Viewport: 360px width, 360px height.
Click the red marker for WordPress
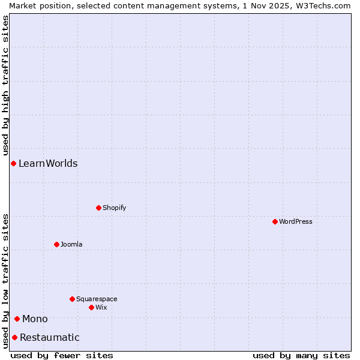(x=275, y=221)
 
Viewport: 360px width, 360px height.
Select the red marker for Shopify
(x=99, y=208)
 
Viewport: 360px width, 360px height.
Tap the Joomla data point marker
(x=57, y=244)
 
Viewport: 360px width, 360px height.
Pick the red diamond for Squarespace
(x=73, y=299)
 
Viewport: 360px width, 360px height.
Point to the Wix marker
(x=92, y=307)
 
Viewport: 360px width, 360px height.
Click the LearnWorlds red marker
(x=13, y=163)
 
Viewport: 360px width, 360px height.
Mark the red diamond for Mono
(x=17, y=319)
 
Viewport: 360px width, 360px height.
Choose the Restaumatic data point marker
(x=14, y=337)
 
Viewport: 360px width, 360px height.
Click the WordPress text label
(x=296, y=221)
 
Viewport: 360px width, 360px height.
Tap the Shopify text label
(x=115, y=208)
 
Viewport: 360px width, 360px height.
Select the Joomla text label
(x=71, y=244)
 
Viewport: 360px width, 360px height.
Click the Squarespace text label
(x=97, y=299)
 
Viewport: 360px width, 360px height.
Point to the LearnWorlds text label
(x=48, y=163)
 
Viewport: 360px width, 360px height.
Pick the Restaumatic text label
(x=49, y=337)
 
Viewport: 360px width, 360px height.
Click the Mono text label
(x=35, y=319)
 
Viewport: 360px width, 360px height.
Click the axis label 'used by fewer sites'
(x=62, y=355)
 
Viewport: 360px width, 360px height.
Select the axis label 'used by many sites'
(x=301, y=355)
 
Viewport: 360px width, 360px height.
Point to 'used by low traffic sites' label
(x=5, y=281)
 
